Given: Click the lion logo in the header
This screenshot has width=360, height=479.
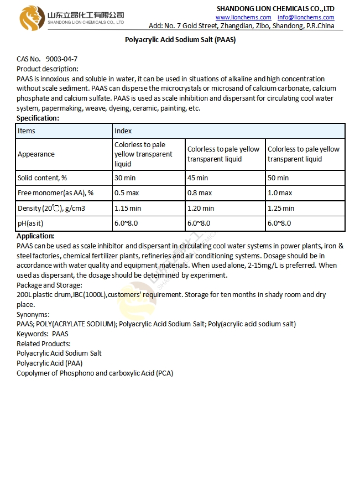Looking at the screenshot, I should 32,18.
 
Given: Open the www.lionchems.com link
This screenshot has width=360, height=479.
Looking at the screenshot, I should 243,17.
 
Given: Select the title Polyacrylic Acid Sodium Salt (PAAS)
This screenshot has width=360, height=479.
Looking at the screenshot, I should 180,40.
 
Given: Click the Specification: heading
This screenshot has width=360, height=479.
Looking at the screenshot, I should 38,118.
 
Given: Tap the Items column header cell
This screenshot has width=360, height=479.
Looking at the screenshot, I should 27,131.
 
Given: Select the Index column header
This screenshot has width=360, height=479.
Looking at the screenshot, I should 123,131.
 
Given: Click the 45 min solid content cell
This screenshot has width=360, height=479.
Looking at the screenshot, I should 198,178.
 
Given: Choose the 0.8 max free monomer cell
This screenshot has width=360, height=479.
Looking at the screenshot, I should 200,193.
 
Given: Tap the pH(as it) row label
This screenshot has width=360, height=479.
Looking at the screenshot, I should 30,223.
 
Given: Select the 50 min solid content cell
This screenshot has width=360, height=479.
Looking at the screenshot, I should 278,178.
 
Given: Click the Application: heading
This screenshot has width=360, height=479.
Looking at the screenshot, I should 35,236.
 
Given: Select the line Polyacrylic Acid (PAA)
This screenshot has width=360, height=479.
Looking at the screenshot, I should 49,363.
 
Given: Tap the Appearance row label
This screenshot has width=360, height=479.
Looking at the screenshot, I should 36,154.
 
